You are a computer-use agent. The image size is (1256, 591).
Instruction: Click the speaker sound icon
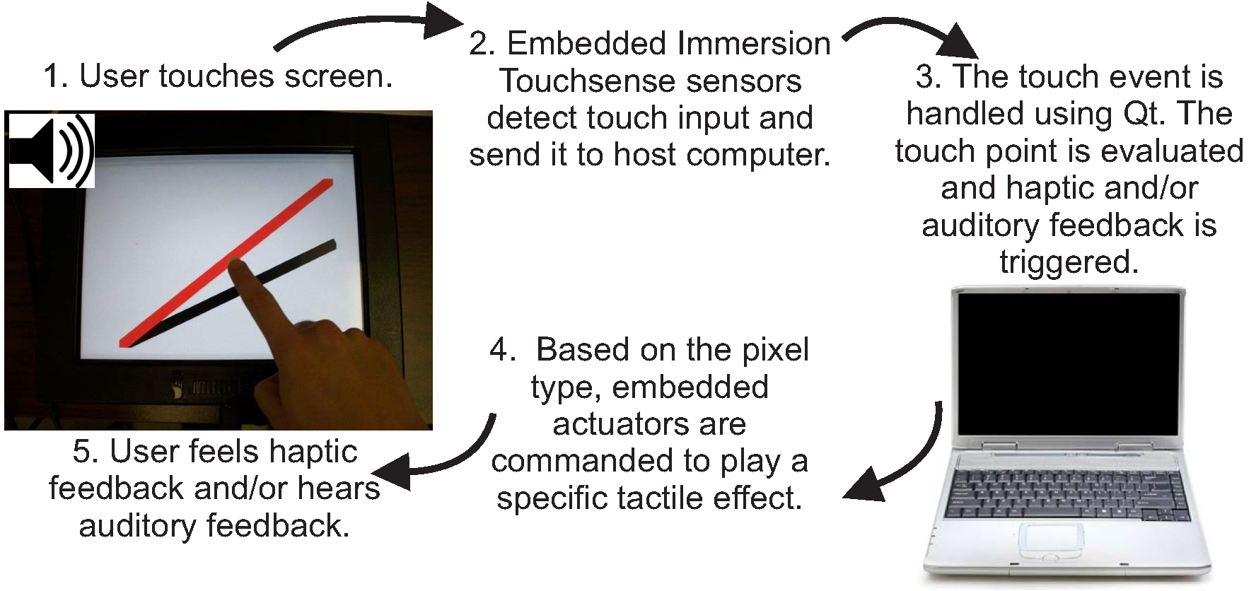[x=52, y=151]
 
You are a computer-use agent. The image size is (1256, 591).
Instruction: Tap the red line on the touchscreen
[x=226, y=263]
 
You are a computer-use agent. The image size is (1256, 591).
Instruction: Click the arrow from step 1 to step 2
[x=368, y=25]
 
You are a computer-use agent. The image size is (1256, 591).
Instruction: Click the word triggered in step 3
[x=1069, y=263]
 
